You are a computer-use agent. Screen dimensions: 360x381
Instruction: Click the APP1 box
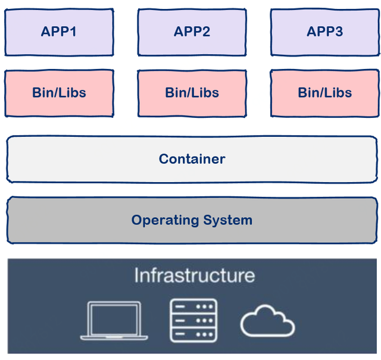pyautogui.click(x=59, y=32)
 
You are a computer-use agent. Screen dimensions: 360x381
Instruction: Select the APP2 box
pyautogui.click(x=192, y=32)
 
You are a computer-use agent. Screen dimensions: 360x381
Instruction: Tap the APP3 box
pyautogui.click(x=325, y=32)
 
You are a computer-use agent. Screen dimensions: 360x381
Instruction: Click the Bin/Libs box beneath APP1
pyautogui.click(x=59, y=93)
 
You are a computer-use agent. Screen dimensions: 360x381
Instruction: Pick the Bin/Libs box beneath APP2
pyautogui.click(x=192, y=93)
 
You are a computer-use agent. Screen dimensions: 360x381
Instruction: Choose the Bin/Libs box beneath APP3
pyautogui.click(x=325, y=93)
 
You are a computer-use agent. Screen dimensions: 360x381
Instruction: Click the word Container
pyautogui.click(x=192, y=159)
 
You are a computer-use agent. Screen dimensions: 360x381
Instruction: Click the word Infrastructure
pyautogui.click(x=194, y=276)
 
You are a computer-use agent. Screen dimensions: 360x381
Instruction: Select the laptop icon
pyautogui.click(x=114, y=321)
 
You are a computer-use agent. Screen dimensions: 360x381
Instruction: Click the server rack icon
pyautogui.click(x=193, y=320)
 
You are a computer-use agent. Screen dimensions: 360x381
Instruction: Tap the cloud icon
pyautogui.click(x=267, y=321)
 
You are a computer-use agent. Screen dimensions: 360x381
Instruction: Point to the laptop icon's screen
pyautogui.click(x=114, y=318)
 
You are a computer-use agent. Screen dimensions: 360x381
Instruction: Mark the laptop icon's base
pyautogui.click(x=114, y=337)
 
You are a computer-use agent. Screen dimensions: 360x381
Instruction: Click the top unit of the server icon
pyautogui.click(x=193, y=307)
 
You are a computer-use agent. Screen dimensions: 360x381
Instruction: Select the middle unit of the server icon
pyautogui.click(x=193, y=320)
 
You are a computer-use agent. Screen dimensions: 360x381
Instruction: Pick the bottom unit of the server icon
pyautogui.click(x=193, y=333)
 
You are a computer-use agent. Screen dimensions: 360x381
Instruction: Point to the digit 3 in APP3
pyautogui.click(x=339, y=32)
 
